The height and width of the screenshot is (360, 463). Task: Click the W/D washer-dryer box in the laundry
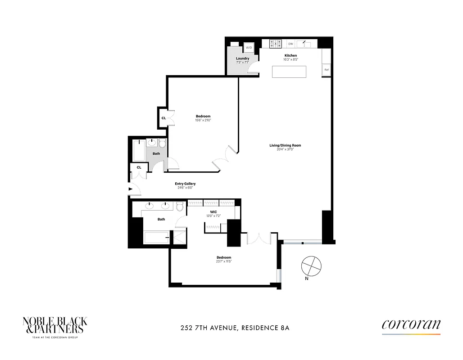tap(249, 48)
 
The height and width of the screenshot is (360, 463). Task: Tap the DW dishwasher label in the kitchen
tap(291, 44)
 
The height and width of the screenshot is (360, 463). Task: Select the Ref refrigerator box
tap(327, 70)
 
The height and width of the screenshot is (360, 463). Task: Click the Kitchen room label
tap(291, 55)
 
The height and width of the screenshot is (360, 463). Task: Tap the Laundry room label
tap(242, 58)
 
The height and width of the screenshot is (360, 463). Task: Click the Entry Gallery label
tap(185, 184)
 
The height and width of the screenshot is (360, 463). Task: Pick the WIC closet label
tap(213, 211)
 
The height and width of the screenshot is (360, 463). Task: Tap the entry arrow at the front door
tap(131, 189)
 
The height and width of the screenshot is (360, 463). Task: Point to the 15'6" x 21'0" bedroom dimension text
tap(203, 120)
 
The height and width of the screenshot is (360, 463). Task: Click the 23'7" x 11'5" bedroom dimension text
tap(223, 261)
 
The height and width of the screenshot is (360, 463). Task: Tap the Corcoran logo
tap(411, 325)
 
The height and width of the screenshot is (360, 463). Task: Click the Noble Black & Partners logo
tap(55, 325)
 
